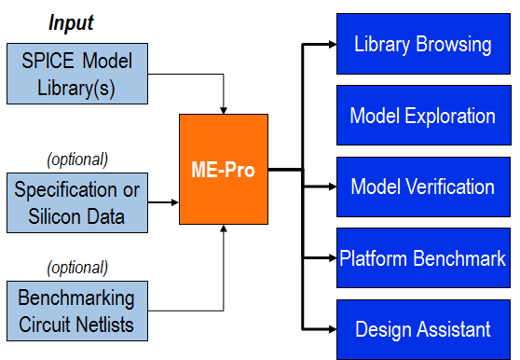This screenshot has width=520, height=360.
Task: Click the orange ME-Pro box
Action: (224, 169)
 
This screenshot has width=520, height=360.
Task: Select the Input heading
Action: (71, 21)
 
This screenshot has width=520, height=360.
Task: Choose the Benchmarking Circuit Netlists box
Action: (76, 311)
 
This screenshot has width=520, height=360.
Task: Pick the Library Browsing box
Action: (422, 44)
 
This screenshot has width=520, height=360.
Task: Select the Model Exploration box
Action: (422, 116)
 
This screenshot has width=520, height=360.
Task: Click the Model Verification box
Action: (422, 187)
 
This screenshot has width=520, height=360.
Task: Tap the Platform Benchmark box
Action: (422, 257)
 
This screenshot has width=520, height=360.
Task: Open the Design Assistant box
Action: (422, 329)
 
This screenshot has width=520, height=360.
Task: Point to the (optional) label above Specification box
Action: (76, 159)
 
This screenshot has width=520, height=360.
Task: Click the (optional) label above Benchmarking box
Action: (76, 266)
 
